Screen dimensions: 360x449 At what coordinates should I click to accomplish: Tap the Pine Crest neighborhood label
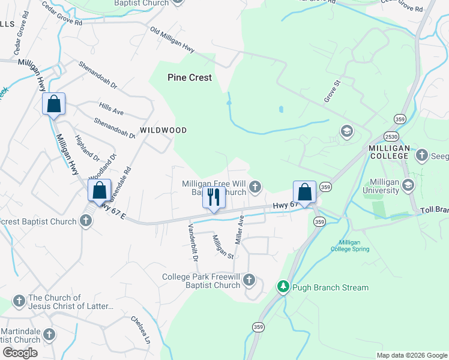tap(190, 77)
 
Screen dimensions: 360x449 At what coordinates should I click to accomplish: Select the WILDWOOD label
tap(163, 130)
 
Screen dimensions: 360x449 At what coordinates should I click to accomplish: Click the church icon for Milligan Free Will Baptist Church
tap(255, 188)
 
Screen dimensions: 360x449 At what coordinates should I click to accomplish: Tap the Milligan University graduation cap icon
tap(409, 184)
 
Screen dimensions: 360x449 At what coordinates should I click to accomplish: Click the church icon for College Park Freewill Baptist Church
tap(249, 280)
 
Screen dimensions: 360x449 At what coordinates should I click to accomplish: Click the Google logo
tap(20, 353)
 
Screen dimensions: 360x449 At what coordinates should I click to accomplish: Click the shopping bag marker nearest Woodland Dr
tap(100, 191)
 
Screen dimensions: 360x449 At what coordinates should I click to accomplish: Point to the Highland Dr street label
tap(87, 148)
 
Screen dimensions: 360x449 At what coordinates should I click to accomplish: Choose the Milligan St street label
tap(222, 246)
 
